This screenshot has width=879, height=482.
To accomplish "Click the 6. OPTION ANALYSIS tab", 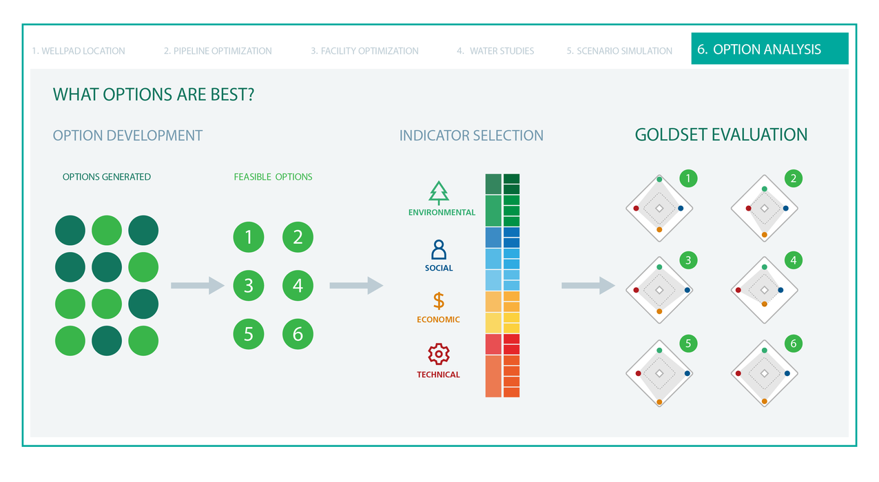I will coord(769,50).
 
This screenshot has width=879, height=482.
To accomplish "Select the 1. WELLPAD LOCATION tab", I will coord(79,51).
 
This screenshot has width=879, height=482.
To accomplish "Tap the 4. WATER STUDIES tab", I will coord(495,51).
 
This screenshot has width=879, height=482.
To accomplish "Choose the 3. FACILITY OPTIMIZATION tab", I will coord(364,51).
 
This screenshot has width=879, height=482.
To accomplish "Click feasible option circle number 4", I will coord(298,285).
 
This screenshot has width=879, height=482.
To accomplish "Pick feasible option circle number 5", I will coord(249,334).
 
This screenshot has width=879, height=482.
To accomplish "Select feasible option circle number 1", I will coord(249,238).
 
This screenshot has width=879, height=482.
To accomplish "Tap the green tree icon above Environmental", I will coord(438,193).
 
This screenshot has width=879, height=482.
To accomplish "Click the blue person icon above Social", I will coord(438,249).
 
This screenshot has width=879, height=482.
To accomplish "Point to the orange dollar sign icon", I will coord(438,301).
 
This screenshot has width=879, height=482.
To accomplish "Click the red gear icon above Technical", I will coord(438,354).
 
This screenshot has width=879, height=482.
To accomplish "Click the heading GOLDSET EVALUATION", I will coord(721,135).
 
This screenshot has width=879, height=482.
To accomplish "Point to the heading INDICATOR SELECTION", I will coord(471,136).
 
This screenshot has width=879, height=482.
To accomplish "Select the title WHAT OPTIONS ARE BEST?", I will coord(154,94).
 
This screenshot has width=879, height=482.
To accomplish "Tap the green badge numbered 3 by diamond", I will coord(687,260).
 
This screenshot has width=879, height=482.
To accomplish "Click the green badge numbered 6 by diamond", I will coord(794,343).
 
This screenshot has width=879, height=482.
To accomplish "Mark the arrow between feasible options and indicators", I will coord(356,285).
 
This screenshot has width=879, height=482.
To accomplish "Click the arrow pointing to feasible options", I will coord(198,285).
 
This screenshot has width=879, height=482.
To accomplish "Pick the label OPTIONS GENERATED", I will coord(107,177).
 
